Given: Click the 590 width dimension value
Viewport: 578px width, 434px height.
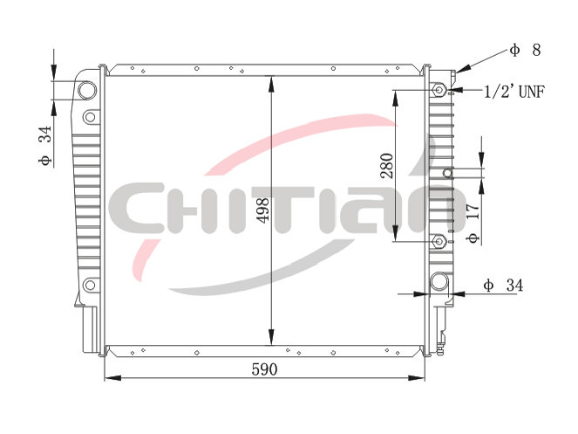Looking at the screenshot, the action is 264,369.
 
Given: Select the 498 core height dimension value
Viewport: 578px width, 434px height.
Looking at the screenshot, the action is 263,210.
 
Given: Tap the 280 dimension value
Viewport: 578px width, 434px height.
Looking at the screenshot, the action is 387,166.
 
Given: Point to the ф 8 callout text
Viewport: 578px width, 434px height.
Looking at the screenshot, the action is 526,50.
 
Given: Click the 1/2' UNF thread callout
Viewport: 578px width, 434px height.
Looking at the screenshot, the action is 513,91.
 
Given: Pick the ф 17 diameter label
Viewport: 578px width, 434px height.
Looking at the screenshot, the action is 473,223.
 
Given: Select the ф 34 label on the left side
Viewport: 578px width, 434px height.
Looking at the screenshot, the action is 45,146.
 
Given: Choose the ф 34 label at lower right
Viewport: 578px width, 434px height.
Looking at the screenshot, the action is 503,286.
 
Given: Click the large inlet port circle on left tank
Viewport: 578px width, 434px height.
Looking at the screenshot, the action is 87,90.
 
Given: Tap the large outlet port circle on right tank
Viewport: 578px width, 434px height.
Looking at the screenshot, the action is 439,281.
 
